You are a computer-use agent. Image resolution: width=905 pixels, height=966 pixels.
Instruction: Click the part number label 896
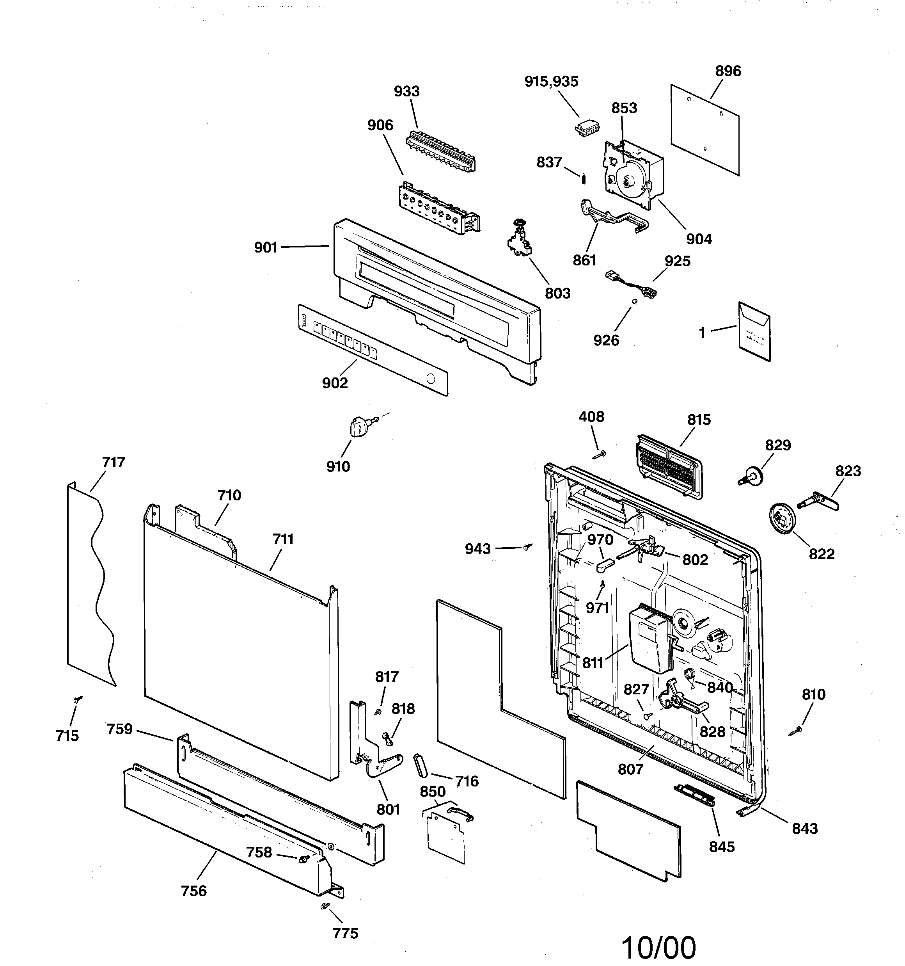click(x=728, y=71)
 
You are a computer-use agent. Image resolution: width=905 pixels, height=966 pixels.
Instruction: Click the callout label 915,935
click(x=551, y=82)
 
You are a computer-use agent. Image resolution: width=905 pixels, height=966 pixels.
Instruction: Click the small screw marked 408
click(x=600, y=454)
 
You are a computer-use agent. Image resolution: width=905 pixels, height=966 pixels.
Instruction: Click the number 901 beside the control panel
click(x=266, y=248)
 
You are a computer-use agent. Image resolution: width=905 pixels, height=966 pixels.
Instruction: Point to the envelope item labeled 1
click(x=754, y=332)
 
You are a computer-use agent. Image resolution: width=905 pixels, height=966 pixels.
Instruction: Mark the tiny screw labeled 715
click(x=77, y=700)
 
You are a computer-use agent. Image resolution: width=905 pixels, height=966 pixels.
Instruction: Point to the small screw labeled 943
click(x=527, y=547)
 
